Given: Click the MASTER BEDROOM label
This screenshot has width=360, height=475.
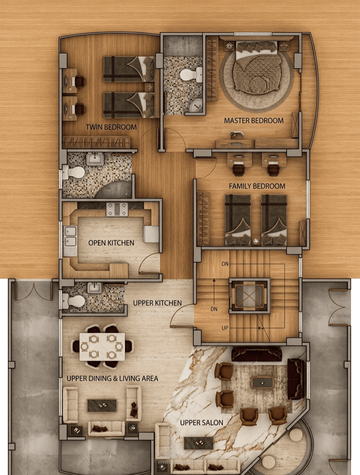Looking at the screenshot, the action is [254, 121].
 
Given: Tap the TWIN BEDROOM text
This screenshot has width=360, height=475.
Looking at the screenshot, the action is [111, 127].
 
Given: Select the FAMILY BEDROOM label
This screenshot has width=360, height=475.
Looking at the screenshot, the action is [257, 186].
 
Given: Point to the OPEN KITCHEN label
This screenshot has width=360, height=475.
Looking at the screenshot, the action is [111, 243].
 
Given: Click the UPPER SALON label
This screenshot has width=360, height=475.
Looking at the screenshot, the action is [201, 423].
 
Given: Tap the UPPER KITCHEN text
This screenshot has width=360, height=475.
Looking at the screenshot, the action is [157, 303].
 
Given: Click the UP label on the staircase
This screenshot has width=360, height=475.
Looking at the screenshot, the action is [225, 328].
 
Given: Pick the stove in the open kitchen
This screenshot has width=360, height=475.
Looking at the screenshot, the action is [117, 209].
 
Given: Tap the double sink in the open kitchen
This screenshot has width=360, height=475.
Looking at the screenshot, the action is [70, 236].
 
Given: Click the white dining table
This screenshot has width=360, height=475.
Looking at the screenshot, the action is [102, 347].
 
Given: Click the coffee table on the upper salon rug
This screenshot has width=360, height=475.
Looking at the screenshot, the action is [262, 382].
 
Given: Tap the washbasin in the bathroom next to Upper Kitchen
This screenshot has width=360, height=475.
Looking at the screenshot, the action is [94, 288].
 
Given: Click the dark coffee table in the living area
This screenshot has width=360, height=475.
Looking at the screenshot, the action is [102, 405].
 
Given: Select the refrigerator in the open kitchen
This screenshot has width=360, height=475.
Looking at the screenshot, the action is [151, 234].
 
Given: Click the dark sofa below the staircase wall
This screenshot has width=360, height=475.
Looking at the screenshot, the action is [257, 354].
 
